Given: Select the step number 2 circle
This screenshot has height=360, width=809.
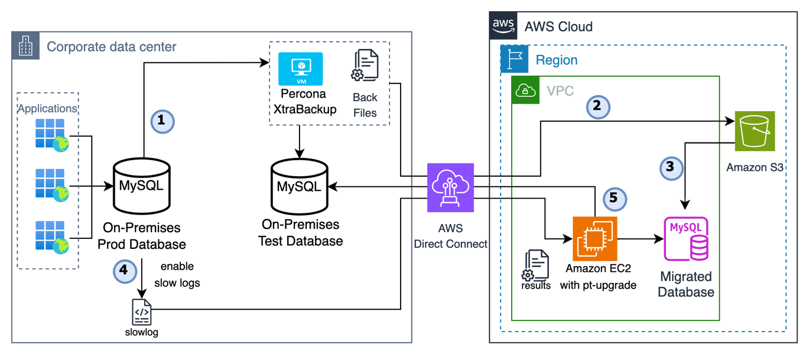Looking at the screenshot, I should (x=597, y=106).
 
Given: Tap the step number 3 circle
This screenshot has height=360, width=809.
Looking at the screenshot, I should (x=670, y=167).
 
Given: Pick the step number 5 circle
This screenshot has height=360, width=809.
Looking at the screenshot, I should (x=613, y=198).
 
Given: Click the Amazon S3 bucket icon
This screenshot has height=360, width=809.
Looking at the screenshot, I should (x=755, y=131).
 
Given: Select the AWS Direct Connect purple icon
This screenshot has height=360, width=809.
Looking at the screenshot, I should (x=450, y=187).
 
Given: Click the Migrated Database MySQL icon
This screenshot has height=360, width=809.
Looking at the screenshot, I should (x=685, y=239).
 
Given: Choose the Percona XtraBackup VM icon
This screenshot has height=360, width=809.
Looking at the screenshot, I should (x=301, y=69).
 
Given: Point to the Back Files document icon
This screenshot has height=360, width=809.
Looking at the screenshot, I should (x=365, y=66).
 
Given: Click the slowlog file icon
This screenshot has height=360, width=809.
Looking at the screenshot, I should (x=142, y=312).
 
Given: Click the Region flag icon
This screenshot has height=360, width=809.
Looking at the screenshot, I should (x=514, y=59).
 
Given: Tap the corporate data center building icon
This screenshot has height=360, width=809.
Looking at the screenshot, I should (x=25, y=46).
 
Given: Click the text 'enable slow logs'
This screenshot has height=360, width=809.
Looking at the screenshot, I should (x=177, y=274).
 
